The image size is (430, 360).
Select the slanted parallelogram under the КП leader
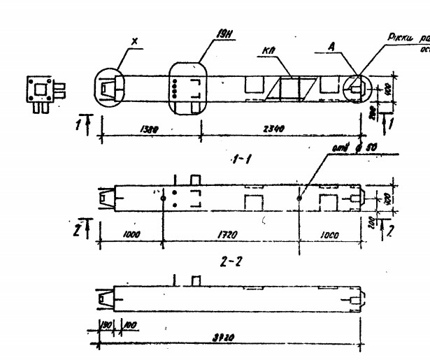[x=288, y=88]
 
